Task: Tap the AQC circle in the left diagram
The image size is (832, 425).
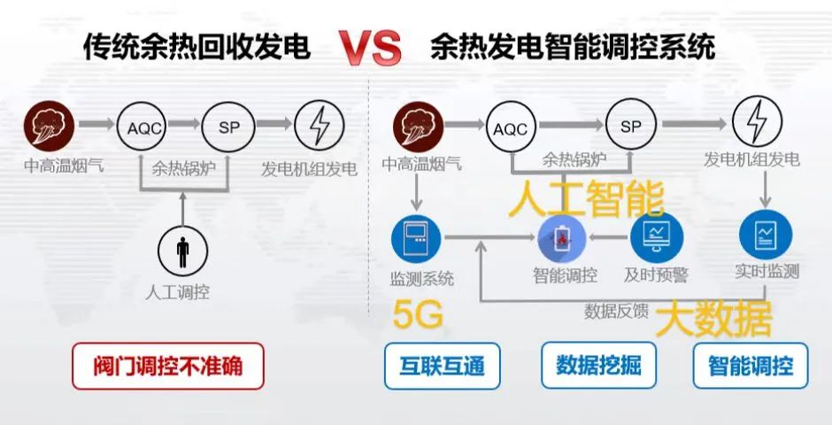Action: click(142, 127)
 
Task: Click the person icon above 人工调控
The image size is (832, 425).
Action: click(183, 251)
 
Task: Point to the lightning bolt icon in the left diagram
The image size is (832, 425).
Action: click(319, 127)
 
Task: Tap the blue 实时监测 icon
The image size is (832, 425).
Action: click(766, 236)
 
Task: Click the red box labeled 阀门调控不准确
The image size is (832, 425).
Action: click(168, 366)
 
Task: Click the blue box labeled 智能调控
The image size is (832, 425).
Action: click(751, 366)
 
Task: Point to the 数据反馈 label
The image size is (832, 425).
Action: click(616, 311)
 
